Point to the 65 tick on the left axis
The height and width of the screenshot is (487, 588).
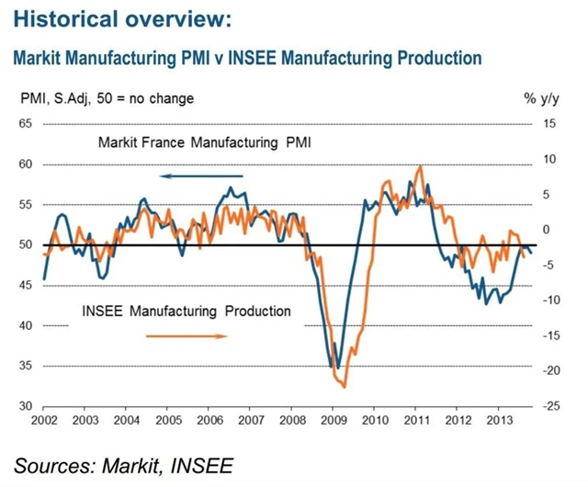tap(25, 124)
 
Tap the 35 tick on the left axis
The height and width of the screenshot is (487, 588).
tap(25, 367)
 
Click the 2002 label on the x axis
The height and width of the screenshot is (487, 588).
tap(44, 421)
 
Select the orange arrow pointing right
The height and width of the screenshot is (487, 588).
tap(187, 335)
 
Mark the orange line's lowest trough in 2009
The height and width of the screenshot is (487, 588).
tap(344, 387)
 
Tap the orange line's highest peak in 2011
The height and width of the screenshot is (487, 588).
tap(420, 166)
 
